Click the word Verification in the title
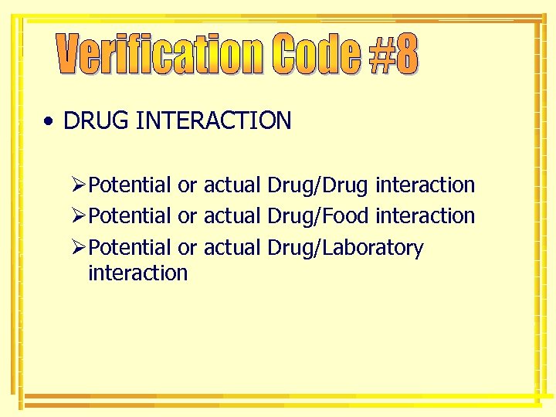click(162, 55)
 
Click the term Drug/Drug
click(317, 185)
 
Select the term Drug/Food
click(317, 216)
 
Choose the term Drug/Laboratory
click(344, 248)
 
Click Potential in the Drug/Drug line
click(131, 185)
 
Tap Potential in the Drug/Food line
click(131, 216)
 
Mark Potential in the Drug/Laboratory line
click(131, 248)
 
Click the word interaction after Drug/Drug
click(425, 185)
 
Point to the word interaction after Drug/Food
click(425, 216)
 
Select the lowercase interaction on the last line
click(138, 273)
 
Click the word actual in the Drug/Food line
click(232, 216)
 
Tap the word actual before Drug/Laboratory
click(232, 248)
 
